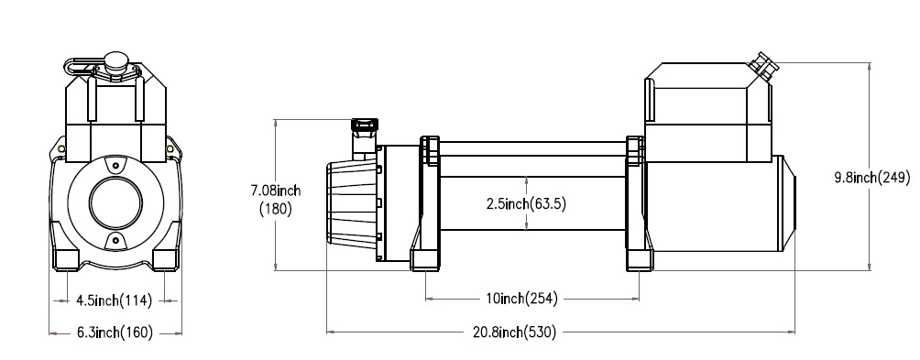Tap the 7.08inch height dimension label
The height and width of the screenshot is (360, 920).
coord(277,199)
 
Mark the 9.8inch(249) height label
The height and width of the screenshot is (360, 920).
coord(871,178)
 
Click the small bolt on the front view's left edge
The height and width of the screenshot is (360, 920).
coord(60,149)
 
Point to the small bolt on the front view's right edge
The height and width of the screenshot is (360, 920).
coord(170,149)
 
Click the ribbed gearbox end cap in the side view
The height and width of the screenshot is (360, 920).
coord(349,202)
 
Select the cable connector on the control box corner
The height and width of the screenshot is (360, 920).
coord(762,63)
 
